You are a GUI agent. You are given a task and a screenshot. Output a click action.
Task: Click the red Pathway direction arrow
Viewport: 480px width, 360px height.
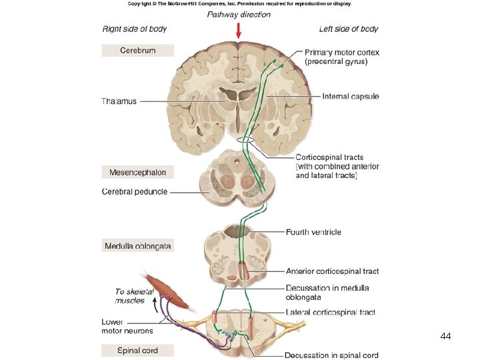239,31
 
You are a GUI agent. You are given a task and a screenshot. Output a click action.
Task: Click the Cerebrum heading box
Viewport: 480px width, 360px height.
137,50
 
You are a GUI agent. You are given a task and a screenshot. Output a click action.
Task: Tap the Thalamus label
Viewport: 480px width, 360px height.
119,101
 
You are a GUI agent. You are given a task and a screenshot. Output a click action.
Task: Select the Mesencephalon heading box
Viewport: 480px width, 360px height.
137,172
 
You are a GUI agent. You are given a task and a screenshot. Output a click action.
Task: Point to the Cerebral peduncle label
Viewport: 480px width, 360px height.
135,192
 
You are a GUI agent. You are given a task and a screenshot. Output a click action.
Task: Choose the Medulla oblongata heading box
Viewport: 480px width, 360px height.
137,246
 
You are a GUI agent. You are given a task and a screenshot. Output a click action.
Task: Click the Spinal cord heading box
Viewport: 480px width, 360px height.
137,350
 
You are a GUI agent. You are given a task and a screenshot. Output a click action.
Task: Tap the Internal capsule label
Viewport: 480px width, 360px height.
350,97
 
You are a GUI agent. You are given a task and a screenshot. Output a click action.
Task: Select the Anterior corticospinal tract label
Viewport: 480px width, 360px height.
332,271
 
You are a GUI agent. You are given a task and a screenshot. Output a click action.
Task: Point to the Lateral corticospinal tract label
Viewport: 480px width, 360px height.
330,312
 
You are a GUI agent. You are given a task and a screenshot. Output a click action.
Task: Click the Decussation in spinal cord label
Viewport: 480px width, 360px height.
331,355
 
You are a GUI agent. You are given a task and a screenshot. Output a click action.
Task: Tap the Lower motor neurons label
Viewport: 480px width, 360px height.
127,326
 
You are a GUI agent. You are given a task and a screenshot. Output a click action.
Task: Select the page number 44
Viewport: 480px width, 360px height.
446,337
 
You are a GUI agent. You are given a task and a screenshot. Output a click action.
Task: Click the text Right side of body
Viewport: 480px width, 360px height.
134,29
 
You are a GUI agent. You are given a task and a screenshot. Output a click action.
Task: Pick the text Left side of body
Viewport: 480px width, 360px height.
348,29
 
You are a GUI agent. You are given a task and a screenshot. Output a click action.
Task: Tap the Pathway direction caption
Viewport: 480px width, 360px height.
239,14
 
